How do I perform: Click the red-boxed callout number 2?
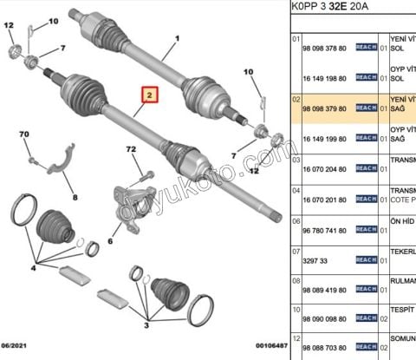pyautogui.click(x=149, y=95)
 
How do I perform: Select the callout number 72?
pyautogui.click(x=132, y=150)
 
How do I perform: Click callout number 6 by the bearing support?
pyautogui.click(x=110, y=241)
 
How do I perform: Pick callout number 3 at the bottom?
pyautogui.click(x=146, y=327)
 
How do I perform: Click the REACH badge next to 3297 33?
pyautogui.click(x=365, y=259)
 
